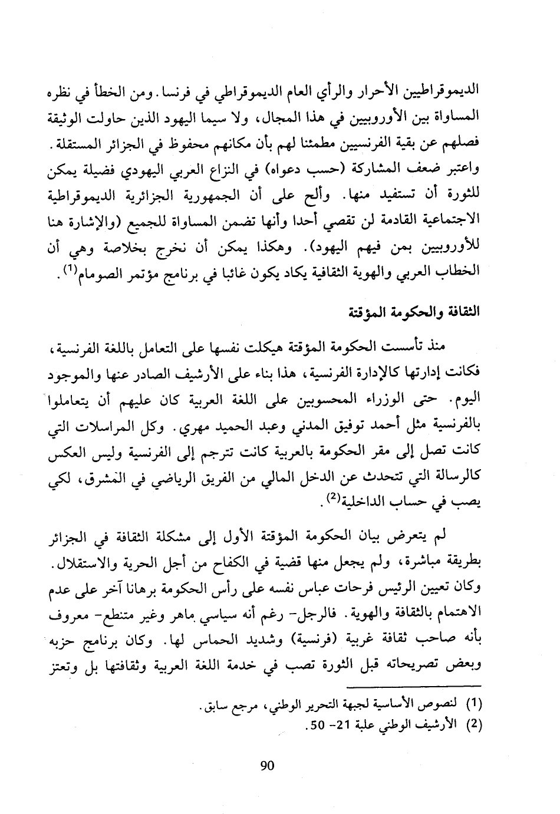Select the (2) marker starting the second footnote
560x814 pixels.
coord(474,726)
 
